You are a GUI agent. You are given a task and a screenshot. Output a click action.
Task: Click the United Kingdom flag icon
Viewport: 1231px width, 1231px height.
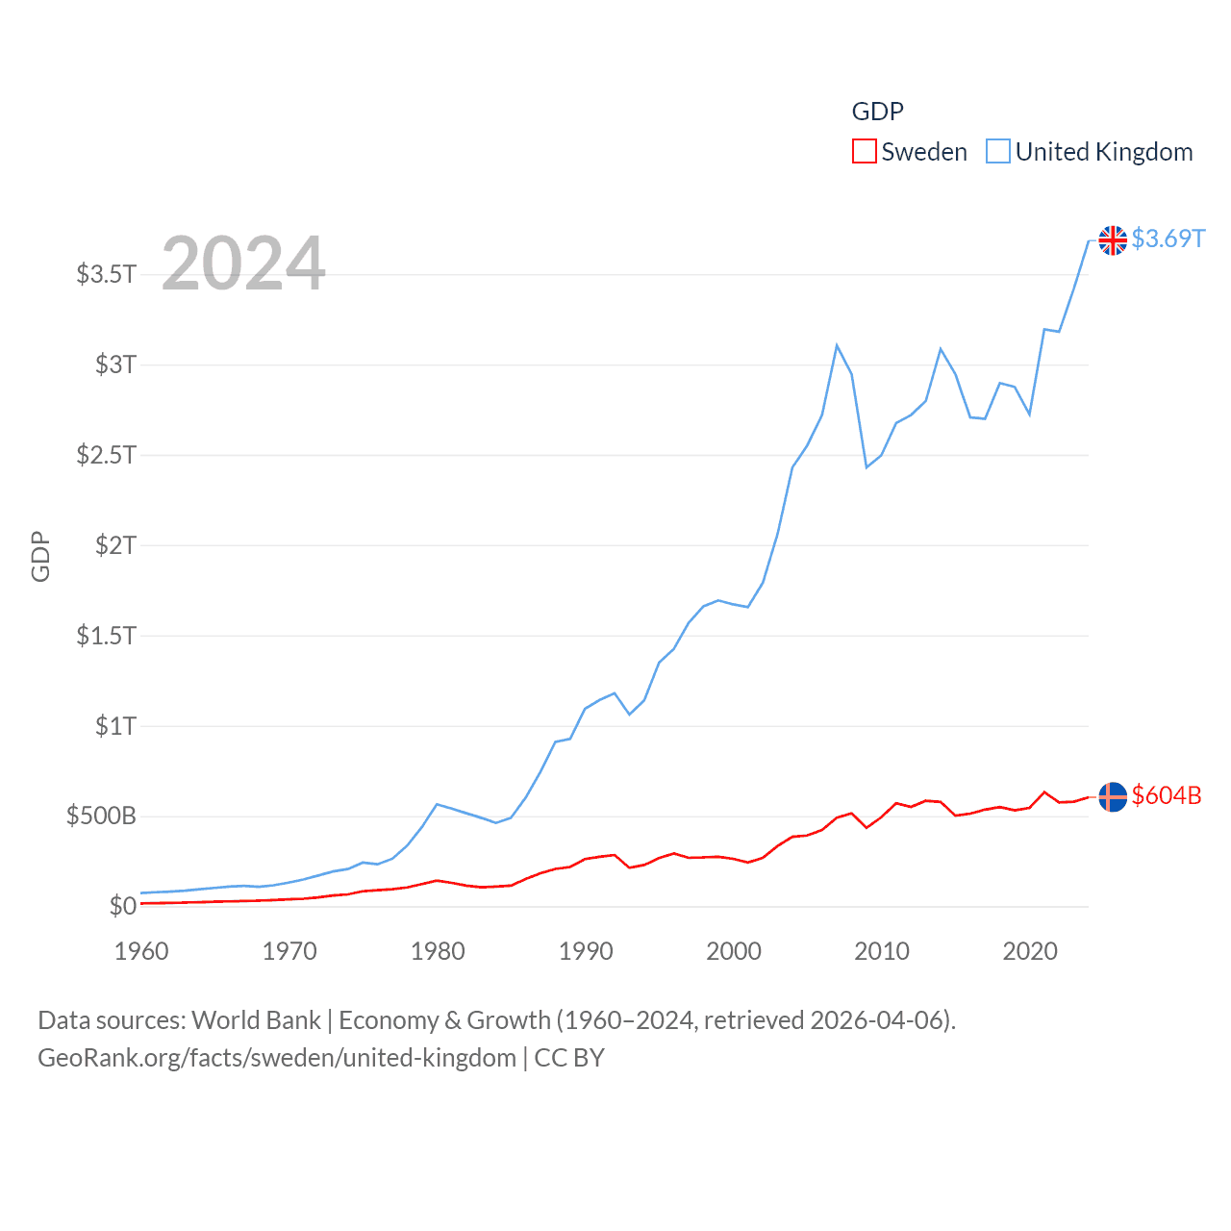click(x=1113, y=240)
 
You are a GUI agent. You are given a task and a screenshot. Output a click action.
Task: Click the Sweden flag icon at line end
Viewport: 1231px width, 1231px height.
click(x=1113, y=797)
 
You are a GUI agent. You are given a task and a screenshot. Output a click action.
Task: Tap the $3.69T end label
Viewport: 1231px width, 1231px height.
click(x=1168, y=239)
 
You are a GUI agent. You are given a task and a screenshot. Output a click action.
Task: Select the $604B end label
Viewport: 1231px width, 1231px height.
click(x=1167, y=795)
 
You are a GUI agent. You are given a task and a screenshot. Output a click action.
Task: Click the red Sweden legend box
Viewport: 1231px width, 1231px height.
click(x=864, y=152)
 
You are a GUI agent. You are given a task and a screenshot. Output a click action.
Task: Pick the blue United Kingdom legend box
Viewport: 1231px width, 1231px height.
click(x=998, y=152)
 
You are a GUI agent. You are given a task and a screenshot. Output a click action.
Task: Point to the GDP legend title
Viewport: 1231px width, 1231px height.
click(x=877, y=112)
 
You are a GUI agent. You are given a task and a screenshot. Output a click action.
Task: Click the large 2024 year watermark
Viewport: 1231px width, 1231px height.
click(x=243, y=264)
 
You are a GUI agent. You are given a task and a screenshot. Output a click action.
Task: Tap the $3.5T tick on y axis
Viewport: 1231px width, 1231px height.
click(x=106, y=274)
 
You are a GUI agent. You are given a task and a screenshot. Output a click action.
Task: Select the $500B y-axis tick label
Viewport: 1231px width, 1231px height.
click(x=101, y=816)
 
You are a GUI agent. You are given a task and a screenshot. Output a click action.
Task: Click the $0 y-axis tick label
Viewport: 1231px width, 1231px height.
click(x=122, y=906)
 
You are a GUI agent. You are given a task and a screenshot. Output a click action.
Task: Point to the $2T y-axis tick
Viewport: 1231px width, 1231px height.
click(x=115, y=545)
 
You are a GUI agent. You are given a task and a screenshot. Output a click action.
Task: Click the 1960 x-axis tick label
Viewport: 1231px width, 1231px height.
click(x=141, y=951)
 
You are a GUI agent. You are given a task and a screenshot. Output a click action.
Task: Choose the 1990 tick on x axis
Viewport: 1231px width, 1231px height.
click(x=586, y=951)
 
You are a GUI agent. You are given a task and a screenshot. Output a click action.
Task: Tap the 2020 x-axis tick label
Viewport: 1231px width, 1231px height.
click(x=1030, y=951)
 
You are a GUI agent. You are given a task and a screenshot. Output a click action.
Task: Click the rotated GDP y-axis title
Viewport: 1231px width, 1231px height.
click(x=40, y=556)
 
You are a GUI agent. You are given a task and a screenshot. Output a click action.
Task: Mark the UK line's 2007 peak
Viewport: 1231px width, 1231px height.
click(x=837, y=345)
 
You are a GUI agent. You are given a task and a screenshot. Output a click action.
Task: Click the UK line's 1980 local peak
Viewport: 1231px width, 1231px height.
click(x=438, y=804)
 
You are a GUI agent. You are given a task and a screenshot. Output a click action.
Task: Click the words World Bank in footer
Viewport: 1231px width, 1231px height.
click(x=257, y=1019)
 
